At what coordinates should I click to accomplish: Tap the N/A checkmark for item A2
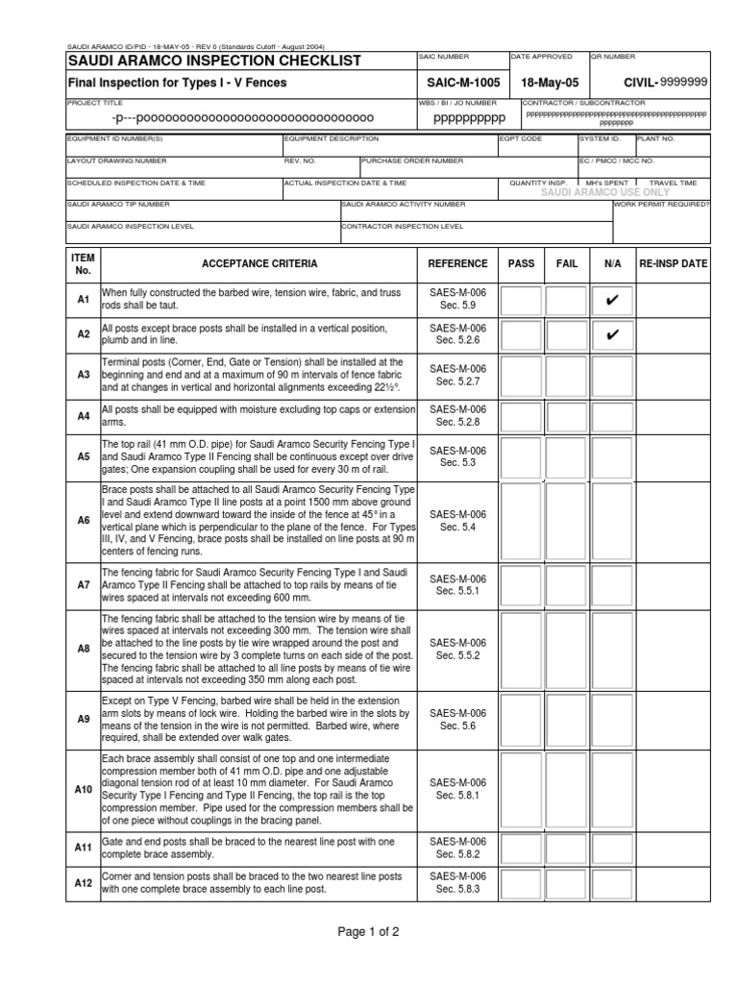coord(611,335)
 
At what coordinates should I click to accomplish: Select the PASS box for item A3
coord(521,376)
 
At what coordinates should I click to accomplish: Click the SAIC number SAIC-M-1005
coord(457,83)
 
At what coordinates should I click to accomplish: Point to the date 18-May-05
coord(547,83)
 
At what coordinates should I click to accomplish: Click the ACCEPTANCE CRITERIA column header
coord(259,264)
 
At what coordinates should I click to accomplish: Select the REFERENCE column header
coord(457,264)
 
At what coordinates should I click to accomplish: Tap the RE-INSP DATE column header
coord(673,264)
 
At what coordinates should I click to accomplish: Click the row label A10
coord(83,789)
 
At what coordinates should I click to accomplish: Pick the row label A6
coord(83,520)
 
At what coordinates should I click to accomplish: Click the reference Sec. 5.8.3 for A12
coord(457,890)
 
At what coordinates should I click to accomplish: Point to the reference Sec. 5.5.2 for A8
coord(457,655)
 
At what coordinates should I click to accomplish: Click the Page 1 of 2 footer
coord(368,932)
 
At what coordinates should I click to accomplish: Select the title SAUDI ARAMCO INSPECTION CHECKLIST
coord(213,61)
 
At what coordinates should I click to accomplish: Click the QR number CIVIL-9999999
coord(665,83)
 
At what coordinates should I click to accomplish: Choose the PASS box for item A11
coord(521,848)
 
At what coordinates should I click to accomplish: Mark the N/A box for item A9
coord(611,720)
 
